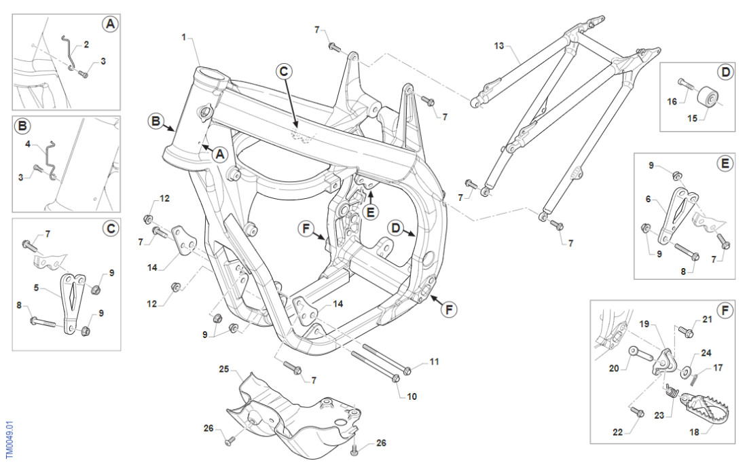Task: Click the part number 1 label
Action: (x=183, y=37)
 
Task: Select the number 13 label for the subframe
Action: (x=499, y=45)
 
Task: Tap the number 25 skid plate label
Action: (x=224, y=369)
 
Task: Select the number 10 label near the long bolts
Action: (x=412, y=395)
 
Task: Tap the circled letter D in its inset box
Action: (x=725, y=71)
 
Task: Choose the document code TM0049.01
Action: (x=9, y=438)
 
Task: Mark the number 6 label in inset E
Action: (x=649, y=199)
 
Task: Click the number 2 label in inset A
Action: (x=86, y=45)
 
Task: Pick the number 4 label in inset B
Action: (x=29, y=144)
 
